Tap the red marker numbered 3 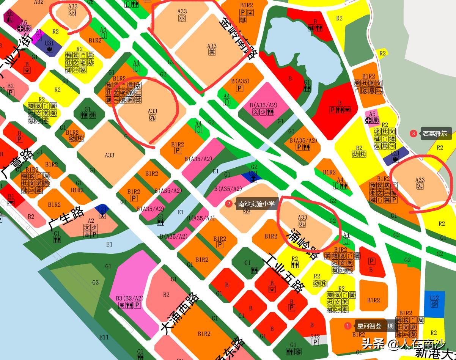[x=414, y=133]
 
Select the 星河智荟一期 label [x=375, y=326]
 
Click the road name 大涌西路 [x=180, y=313]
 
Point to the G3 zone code [x=95, y=282]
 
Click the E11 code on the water [x=104, y=337]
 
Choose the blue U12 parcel [x=434, y=301]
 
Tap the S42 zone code [x=315, y=336]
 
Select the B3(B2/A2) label [x=129, y=299]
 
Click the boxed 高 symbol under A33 [x=212, y=52]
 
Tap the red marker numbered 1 [x=348, y=326]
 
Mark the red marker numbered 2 [x=228, y=204]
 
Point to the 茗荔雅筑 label [x=435, y=134]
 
